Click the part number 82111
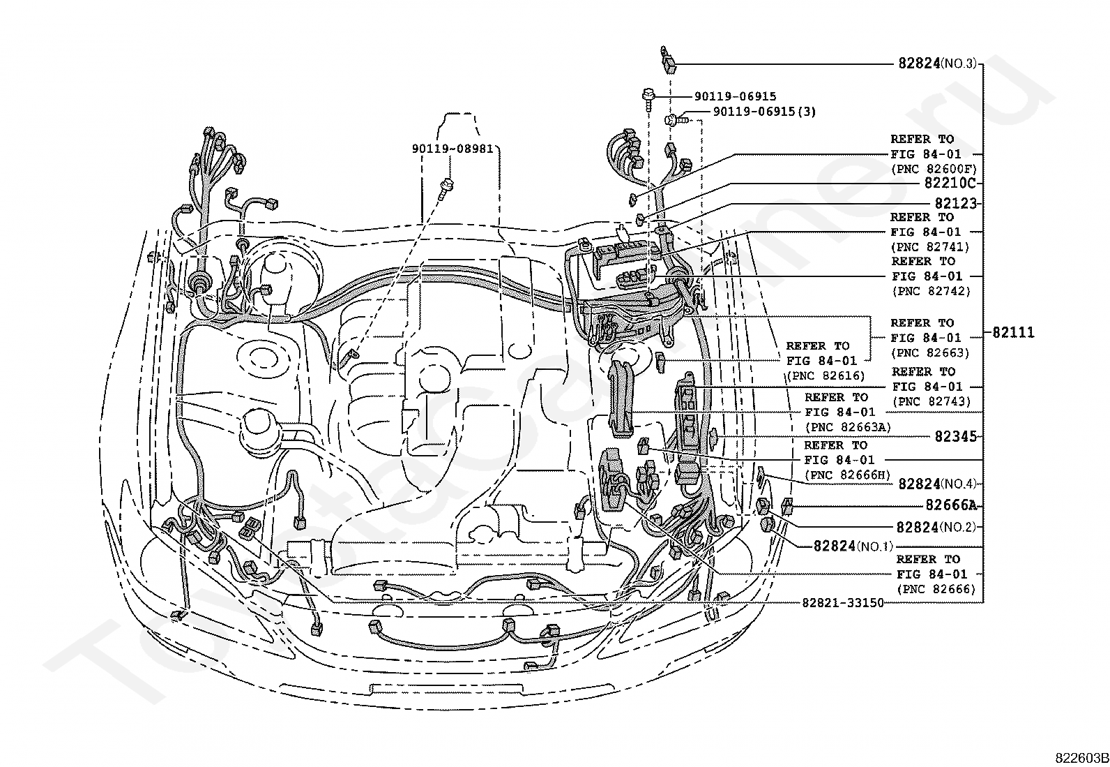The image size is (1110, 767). pos(1013,332)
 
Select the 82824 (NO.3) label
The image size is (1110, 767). pos(937,64)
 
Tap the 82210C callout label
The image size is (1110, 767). pos(950,183)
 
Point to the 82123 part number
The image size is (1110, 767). pos(955,203)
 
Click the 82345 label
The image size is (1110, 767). pos(955,436)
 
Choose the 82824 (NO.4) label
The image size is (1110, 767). pos(937,483)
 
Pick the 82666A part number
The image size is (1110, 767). pos(950,505)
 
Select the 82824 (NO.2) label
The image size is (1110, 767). pos(936,527)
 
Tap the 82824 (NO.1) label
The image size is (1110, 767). pos(853,546)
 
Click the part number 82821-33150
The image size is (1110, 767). pos(842,602)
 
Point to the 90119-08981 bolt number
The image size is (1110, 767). pos(453,149)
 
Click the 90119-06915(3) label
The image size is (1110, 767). pos(764,111)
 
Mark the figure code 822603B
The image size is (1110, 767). pos(1081,758)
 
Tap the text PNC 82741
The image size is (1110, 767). pos(931,246)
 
